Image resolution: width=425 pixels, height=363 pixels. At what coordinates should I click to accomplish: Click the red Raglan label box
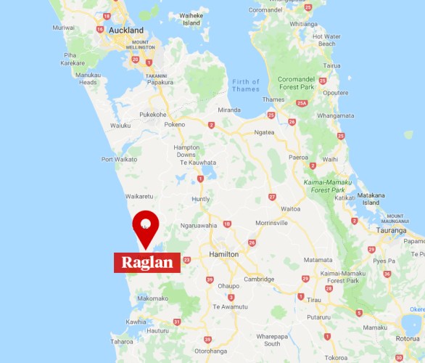(x=147, y=262)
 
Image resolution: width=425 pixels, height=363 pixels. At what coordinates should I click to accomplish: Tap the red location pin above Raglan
(x=146, y=225)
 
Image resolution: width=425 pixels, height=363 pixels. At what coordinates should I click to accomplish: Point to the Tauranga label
(x=392, y=230)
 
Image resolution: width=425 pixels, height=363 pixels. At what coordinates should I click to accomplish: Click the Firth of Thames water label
(x=246, y=85)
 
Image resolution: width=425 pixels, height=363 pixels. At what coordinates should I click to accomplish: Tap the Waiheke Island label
(x=191, y=19)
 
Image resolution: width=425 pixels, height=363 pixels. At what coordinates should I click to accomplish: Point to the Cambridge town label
(x=259, y=279)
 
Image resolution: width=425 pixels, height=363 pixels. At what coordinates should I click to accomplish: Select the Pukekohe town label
(x=153, y=114)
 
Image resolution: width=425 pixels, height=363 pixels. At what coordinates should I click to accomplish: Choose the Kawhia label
(x=136, y=322)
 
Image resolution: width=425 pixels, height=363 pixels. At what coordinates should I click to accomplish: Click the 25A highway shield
(x=302, y=104)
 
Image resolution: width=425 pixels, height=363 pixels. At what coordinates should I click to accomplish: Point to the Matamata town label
(x=318, y=259)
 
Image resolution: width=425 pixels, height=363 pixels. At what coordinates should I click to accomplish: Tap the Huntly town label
(x=200, y=199)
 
